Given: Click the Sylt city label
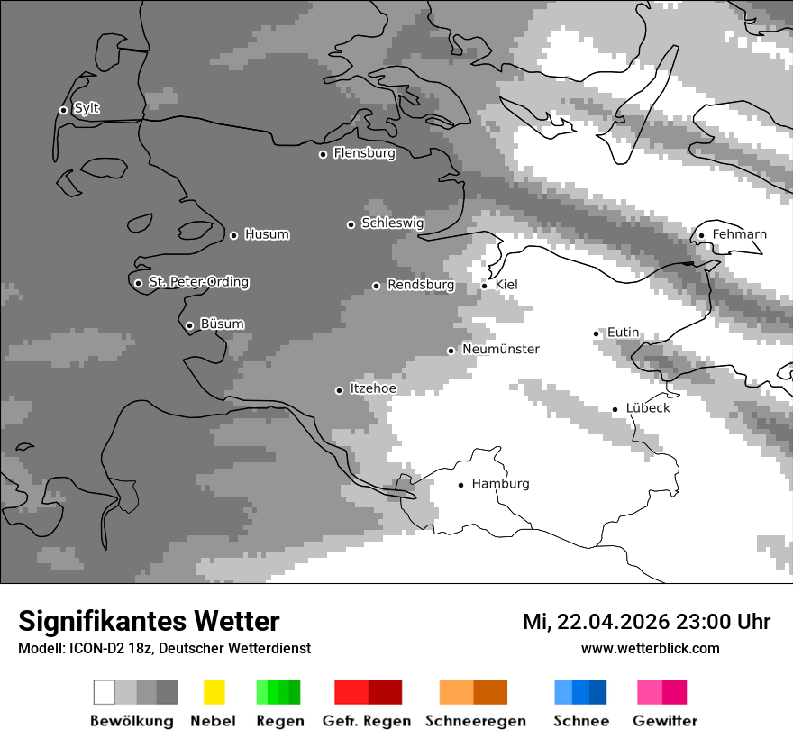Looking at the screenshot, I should point(87,108).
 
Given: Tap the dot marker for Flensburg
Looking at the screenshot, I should point(323,154).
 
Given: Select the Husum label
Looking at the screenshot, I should point(267,234).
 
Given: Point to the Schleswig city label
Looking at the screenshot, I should point(392,223).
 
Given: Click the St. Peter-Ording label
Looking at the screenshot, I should point(198,282).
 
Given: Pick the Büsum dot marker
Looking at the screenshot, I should point(189,325).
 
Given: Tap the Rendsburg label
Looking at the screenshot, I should point(420,285).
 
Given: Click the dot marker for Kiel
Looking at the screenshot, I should point(484,286).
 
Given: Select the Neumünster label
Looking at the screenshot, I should point(500,349).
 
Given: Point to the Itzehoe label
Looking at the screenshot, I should point(372,388).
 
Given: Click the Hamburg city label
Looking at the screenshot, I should point(500,484).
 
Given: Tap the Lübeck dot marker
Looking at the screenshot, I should point(615,409).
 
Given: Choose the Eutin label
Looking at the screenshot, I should point(623,333).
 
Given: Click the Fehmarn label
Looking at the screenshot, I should point(739,234).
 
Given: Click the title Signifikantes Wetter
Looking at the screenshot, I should point(149,621).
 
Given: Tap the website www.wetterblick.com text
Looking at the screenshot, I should point(650,648).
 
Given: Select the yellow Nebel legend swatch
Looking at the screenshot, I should point(214,692).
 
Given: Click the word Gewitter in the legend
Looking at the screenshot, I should point(665,721).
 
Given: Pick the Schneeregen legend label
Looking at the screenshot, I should point(475,721).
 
